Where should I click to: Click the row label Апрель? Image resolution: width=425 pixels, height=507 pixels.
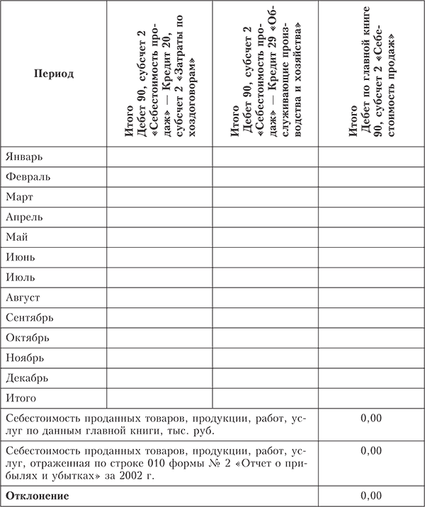point(24,217)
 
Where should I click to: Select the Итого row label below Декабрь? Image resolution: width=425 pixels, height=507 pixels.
point(21,398)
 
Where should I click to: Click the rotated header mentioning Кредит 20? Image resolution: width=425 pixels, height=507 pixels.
point(159,74)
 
